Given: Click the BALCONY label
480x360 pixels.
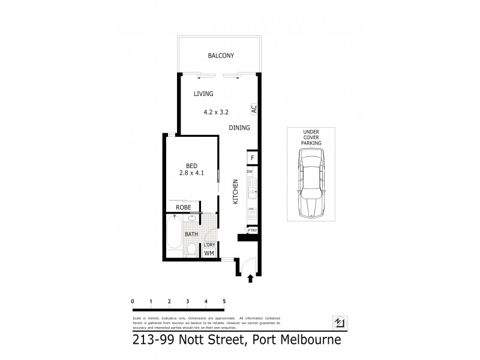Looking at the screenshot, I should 220,56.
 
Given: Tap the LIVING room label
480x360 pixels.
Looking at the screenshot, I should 203,94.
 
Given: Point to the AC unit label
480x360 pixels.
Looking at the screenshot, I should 254,110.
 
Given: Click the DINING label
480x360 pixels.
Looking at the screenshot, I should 239,128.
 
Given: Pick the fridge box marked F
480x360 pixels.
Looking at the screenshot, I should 253,158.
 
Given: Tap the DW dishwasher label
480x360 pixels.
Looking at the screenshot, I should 250,172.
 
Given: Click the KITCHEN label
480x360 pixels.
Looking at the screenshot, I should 236,192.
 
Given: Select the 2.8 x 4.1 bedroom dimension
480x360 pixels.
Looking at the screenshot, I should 192,173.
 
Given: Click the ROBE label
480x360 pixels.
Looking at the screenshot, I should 183,207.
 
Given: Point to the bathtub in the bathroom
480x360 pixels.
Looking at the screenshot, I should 173,236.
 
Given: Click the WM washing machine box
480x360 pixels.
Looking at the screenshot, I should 209,254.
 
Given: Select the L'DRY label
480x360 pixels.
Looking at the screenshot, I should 209,245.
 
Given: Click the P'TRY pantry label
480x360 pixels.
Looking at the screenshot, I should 253,230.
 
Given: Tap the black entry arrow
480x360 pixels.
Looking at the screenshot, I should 250,278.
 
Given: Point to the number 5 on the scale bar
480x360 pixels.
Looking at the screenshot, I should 224,301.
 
